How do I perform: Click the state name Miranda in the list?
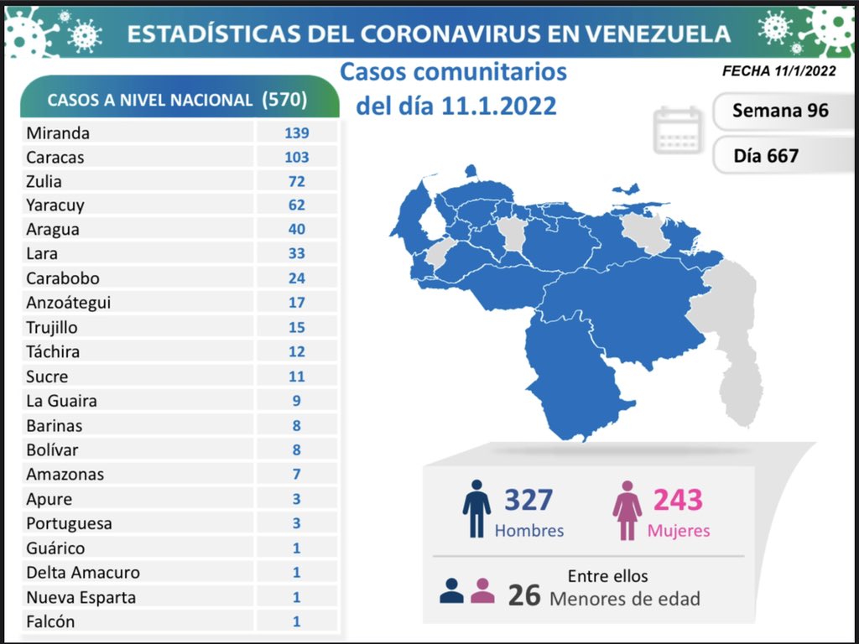click(57, 132)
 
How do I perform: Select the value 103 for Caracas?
click(295, 157)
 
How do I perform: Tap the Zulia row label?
click(44, 181)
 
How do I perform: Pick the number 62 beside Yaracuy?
click(295, 205)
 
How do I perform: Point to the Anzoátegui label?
click(68, 303)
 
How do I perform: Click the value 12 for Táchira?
click(295, 352)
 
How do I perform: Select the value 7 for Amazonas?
click(295, 475)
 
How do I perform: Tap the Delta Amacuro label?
click(82, 573)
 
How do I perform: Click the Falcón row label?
click(50, 621)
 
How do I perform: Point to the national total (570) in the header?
click(284, 100)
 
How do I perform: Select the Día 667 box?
click(765, 155)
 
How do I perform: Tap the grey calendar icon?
click(678, 130)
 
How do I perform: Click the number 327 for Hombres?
click(528, 500)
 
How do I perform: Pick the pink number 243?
click(678, 500)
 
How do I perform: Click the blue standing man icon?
click(476, 508)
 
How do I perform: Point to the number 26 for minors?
click(523, 595)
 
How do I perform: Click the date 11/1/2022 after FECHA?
click(804, 71)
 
